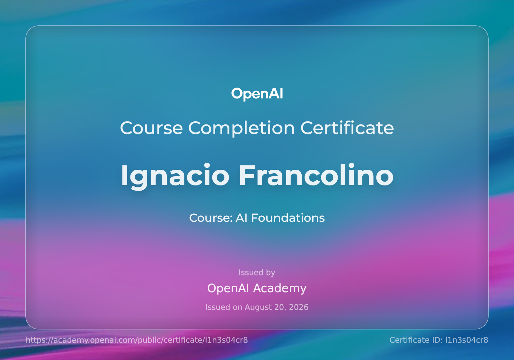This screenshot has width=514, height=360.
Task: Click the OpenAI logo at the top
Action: (257, 94)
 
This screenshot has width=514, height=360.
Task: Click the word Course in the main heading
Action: (151, 128)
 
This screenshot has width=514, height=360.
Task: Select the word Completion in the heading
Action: (241, 129)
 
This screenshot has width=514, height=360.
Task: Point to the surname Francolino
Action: (316, 175)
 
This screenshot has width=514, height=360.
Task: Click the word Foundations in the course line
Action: (288, 218)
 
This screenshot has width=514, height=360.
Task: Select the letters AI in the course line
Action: (241, 218)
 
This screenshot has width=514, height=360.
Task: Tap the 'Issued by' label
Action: (257, 273)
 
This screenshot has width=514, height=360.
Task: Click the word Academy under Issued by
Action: (280, 288)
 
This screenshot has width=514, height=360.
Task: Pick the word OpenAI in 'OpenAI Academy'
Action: (228, 288)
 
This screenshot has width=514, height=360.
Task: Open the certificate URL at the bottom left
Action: (137, 340)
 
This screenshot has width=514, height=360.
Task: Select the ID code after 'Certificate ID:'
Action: (467, 340)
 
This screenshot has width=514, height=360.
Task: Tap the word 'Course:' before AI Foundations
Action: (211, 218)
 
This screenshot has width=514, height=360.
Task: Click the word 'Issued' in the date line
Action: (218, 307)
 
